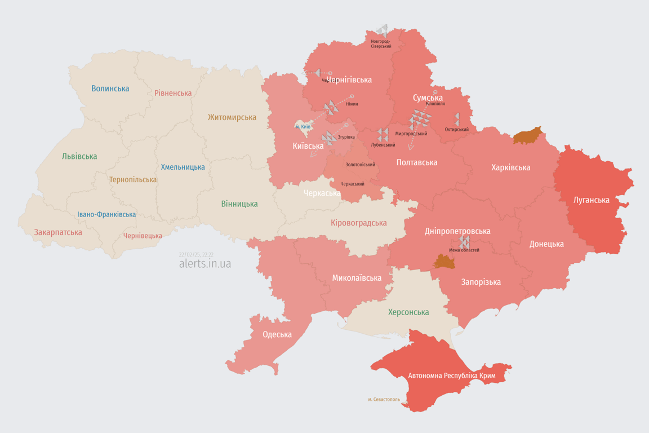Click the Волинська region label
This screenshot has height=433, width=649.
point(110,89)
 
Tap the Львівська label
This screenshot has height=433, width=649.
point(79,156)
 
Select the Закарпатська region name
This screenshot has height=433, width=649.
point(58,232)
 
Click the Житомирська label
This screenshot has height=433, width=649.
point(232,117)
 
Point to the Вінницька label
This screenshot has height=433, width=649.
point(239,204)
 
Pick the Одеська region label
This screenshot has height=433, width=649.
point(277,334)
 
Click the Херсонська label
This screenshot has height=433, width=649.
point(408,312)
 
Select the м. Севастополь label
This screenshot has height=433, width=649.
point(384,400)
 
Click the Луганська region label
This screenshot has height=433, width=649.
point(592,200)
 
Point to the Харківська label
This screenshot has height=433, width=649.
point(510,167)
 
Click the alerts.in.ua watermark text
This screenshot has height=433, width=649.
point(205,263)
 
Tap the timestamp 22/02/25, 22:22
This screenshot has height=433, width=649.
point(196,255)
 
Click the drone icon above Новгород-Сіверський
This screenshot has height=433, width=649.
point(382,30)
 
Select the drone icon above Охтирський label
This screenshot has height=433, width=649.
point(457,119)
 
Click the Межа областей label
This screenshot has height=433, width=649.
point(464,250)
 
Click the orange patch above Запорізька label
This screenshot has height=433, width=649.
point(444,261)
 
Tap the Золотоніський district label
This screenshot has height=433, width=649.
point(360,165)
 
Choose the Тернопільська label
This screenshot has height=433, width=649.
point(133,179)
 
